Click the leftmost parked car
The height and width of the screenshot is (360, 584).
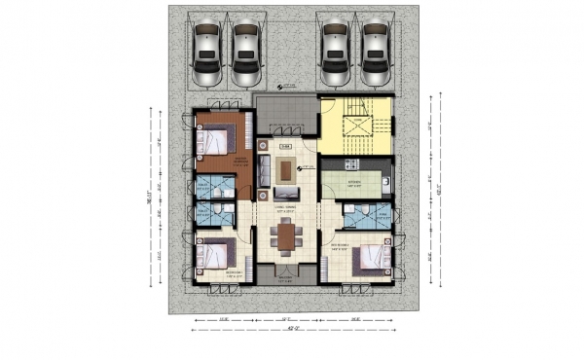tap(207, 54)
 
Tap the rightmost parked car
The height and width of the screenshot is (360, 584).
tap(376, 54)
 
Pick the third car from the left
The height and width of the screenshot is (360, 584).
tap(336, 54)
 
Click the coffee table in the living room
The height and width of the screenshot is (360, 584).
tap(285, 171)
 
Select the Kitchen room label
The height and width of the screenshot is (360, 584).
tap(353, 181)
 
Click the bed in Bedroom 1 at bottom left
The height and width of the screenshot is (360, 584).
tap(215, 256)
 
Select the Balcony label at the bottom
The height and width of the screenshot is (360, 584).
tap(285, 279)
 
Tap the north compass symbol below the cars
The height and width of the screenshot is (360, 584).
tap(278, 88)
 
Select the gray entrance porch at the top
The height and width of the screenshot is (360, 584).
tap(286, 115)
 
